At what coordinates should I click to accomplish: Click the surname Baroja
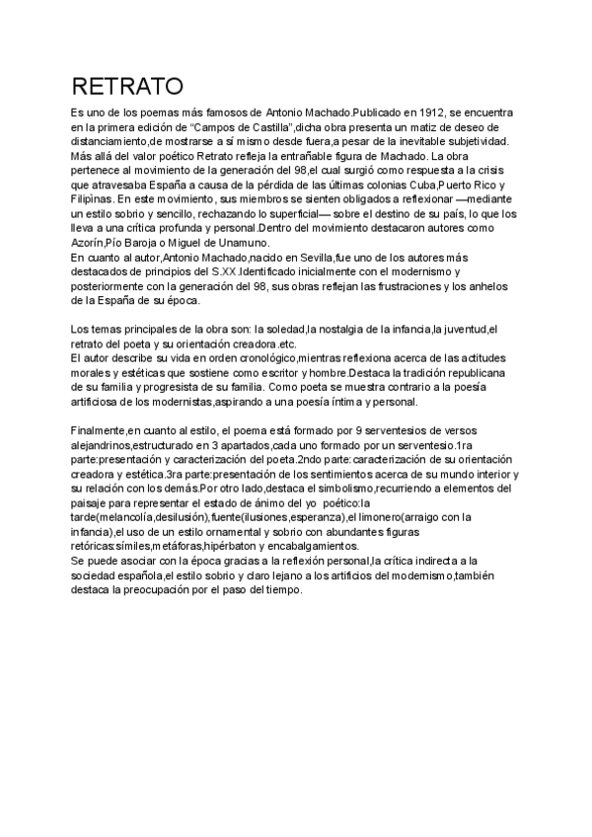162,243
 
